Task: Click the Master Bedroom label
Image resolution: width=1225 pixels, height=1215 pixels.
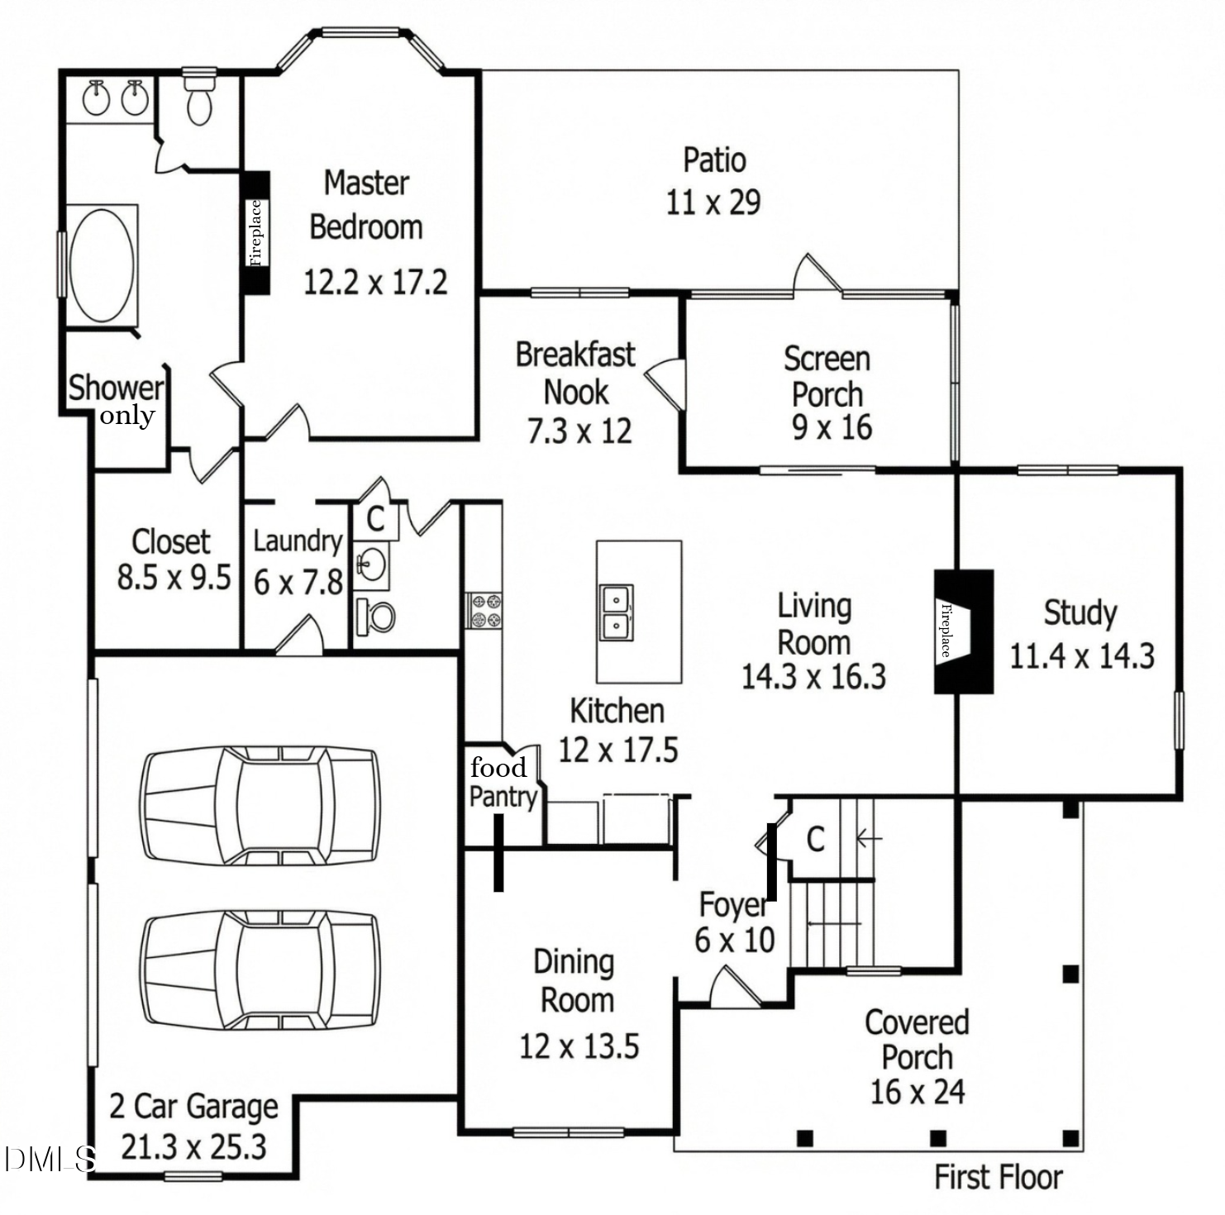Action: tap(366, 205)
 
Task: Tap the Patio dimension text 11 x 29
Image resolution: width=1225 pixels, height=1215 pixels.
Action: tap(713, 202)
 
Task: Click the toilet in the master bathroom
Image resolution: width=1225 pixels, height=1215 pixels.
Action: tap(199, 98)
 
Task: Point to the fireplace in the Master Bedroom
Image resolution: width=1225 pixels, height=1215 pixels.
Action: tap(255, 232)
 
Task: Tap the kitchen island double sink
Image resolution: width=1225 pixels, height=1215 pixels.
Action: tap(617, 612)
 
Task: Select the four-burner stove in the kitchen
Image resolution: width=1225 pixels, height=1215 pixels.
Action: tap(484, 610)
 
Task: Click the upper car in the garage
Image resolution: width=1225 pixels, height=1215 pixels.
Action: tap(260, 804)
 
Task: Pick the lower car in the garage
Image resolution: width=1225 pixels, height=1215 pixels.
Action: tap(260, 970)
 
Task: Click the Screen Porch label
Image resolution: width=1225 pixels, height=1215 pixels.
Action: tap(827, 377)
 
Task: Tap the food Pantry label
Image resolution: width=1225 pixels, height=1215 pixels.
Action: tap(502, 782)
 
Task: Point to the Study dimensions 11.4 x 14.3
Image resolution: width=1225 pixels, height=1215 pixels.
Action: tap(1081, 656)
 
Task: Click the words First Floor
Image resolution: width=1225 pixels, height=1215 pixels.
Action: tap(998, 1177)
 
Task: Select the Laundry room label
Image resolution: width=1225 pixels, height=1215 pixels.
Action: tap(298, 541)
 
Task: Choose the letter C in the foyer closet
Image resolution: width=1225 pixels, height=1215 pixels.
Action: tap(815, 839)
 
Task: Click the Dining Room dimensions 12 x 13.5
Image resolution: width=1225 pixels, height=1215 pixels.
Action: tap(579, 1046)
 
